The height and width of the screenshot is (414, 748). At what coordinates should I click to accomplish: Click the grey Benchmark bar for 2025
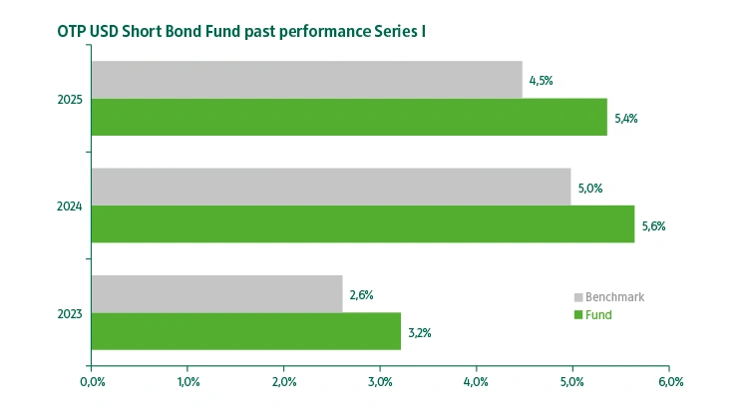[x=306, y=80]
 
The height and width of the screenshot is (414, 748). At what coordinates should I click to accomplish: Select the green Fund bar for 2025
[x=349, y=118]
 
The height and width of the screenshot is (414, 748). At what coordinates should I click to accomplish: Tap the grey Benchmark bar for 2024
[x=331, y=187]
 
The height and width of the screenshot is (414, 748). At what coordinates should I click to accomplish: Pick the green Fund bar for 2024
[x=363, y=224]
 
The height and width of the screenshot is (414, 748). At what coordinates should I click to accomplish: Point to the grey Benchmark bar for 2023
[x=216, y=294]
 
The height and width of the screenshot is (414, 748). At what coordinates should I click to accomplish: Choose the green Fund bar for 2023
[x=246, y=331]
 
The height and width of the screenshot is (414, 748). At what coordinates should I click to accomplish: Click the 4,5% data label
[x=541, y=81]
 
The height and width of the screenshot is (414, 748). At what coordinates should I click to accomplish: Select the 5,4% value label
[x=626, y=119]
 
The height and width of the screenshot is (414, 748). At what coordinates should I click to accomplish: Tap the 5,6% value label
[x=653, y=226]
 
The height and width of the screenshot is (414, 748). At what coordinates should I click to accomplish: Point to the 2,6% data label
[x=361, y=295]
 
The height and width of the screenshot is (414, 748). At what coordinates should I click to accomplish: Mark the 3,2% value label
[x=419, y=333]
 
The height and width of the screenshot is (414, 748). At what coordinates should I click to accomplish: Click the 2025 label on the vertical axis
[x=70, y=100]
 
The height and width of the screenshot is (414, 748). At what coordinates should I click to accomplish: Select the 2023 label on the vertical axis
[x=70, y=314]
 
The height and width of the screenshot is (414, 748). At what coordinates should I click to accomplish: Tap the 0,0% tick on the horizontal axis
[x=91, y=381]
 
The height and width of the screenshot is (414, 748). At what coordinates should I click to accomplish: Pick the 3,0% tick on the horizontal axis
[x=380, y=381]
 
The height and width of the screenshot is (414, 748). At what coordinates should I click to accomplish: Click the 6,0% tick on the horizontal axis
[x=669, y=381]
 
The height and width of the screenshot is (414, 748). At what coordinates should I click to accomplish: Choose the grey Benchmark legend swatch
[x=577, y=297]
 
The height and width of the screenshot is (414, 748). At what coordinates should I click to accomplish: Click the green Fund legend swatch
[x=577, y=315]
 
